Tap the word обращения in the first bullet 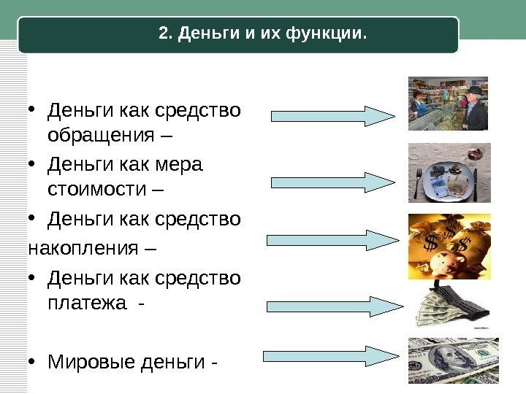tap(99, 136)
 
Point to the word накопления tap(82, 248)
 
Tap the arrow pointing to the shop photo tap(333, 116)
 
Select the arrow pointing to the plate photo tap(333, 182)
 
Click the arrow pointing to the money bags tap(332, 241)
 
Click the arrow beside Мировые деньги tap(333, 356)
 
